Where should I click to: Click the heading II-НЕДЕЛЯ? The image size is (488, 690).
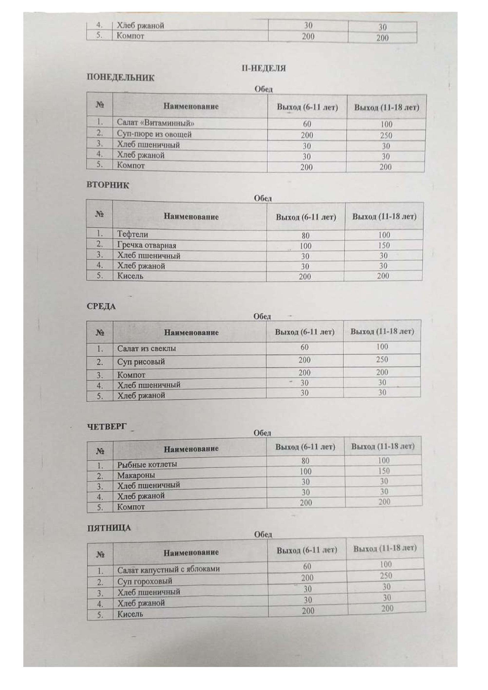[x=264, y=68]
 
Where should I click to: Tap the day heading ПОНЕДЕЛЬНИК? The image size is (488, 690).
[x=120, y=78]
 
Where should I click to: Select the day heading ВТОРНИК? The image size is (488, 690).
[x=108, y=185]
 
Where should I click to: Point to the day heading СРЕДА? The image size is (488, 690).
[x=101, y=307]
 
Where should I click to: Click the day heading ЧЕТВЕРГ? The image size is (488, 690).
[x=107, y=427]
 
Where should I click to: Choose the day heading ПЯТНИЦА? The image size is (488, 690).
[x=109, y=528]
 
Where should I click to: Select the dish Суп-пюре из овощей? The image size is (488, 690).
[x=154, y=134]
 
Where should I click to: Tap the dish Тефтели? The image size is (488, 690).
[x=133, y=234]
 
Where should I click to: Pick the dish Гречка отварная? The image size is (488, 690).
[x=147, y=245]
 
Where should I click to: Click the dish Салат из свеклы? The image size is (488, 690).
[x=147, y=349]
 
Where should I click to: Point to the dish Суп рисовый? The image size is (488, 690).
[x=141, y=362]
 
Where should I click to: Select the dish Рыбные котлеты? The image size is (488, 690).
[x=147, y=465]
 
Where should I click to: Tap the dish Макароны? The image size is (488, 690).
[x=136, y=476]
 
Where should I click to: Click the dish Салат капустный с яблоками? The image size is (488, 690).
[x=168, y=569]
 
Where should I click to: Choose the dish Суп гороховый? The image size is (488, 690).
[x=145, y=581]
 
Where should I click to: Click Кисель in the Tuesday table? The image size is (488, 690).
[x=130, y=276]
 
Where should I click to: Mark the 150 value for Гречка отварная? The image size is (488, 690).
[x=384, y=245]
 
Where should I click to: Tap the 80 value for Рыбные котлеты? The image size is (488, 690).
[x=306, y=461]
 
